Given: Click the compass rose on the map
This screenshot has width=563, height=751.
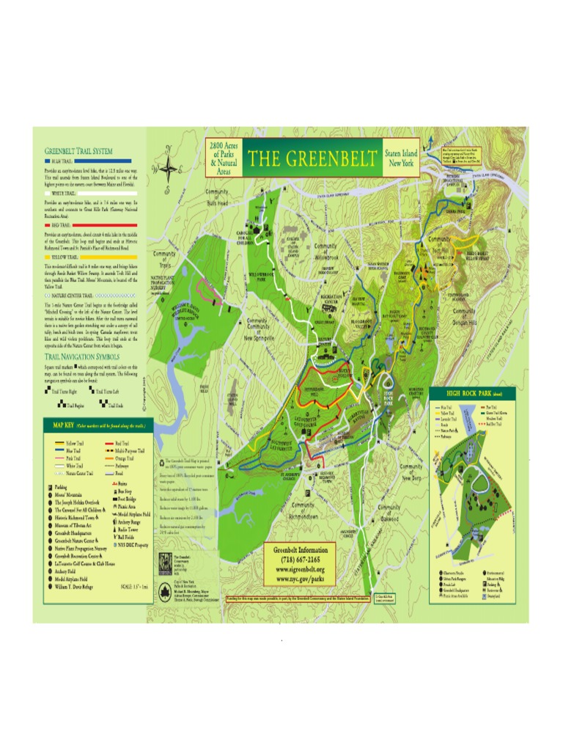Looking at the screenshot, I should tap(169, 168).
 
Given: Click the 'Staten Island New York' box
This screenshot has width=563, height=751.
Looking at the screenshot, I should tap(400, 158).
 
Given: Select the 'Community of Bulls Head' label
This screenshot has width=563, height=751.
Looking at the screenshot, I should tap(218, 197).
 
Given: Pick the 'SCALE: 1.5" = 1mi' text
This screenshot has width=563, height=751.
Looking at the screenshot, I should tap(133, 586).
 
